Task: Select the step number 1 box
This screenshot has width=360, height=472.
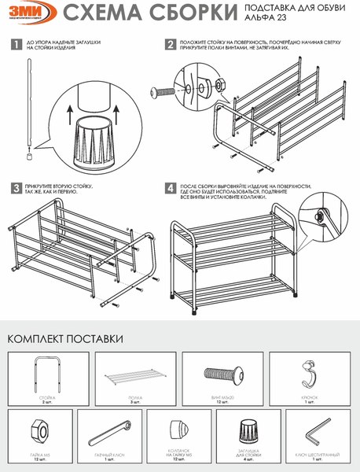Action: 16,46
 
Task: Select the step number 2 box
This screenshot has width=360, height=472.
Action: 171,46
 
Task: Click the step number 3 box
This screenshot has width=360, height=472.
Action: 16,188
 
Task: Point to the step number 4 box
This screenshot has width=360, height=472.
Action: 171,188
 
